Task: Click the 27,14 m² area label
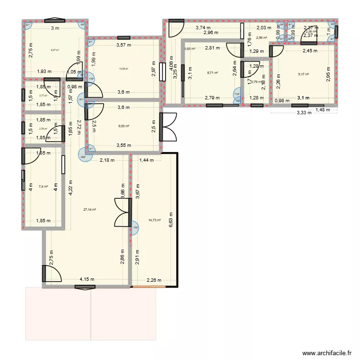90,210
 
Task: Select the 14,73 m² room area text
155,220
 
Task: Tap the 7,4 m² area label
43,186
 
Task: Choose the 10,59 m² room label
123,69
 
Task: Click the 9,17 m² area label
303,74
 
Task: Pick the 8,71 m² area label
213,73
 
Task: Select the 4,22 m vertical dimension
71,185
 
